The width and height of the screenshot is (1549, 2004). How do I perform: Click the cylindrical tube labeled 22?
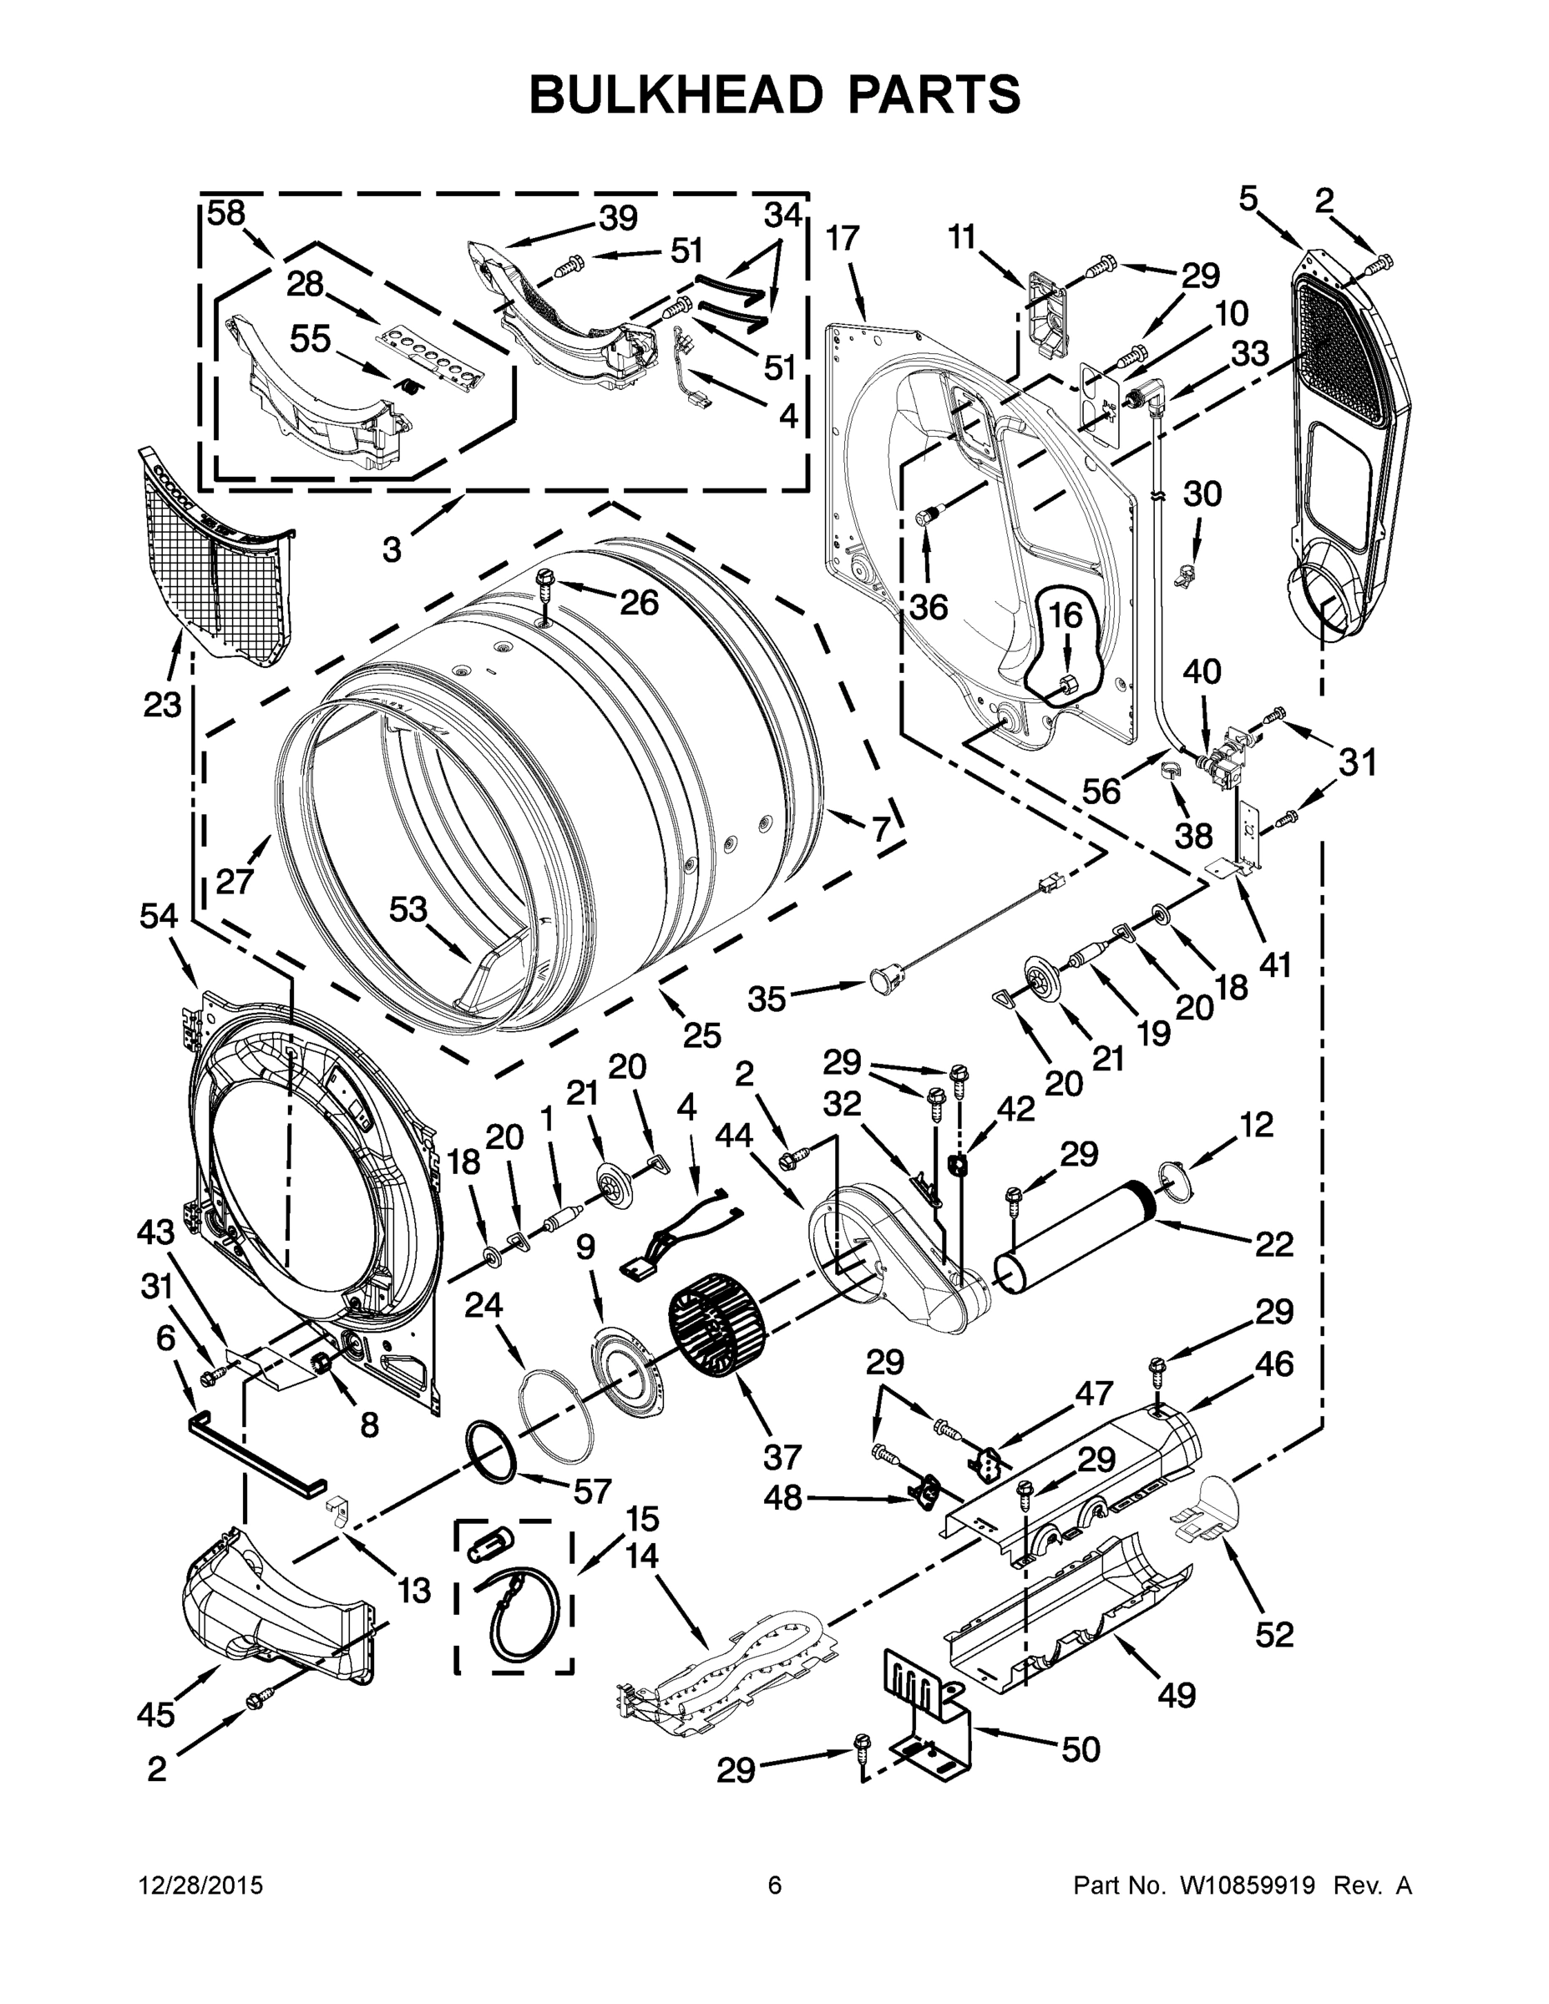[x=1078, y=1242]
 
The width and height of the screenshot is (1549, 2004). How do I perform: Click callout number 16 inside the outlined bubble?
[x=1066, y=615]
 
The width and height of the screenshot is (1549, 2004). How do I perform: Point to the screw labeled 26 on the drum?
[x=544, y=584]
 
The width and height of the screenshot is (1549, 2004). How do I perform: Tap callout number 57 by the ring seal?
[x=592, y=1491]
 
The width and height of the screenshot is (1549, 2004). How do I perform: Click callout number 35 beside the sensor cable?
[x=767, y=999]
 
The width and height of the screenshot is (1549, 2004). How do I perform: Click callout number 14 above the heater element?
[x=642, y=1556]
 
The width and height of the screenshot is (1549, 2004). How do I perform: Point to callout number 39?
[x=618, y=219]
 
